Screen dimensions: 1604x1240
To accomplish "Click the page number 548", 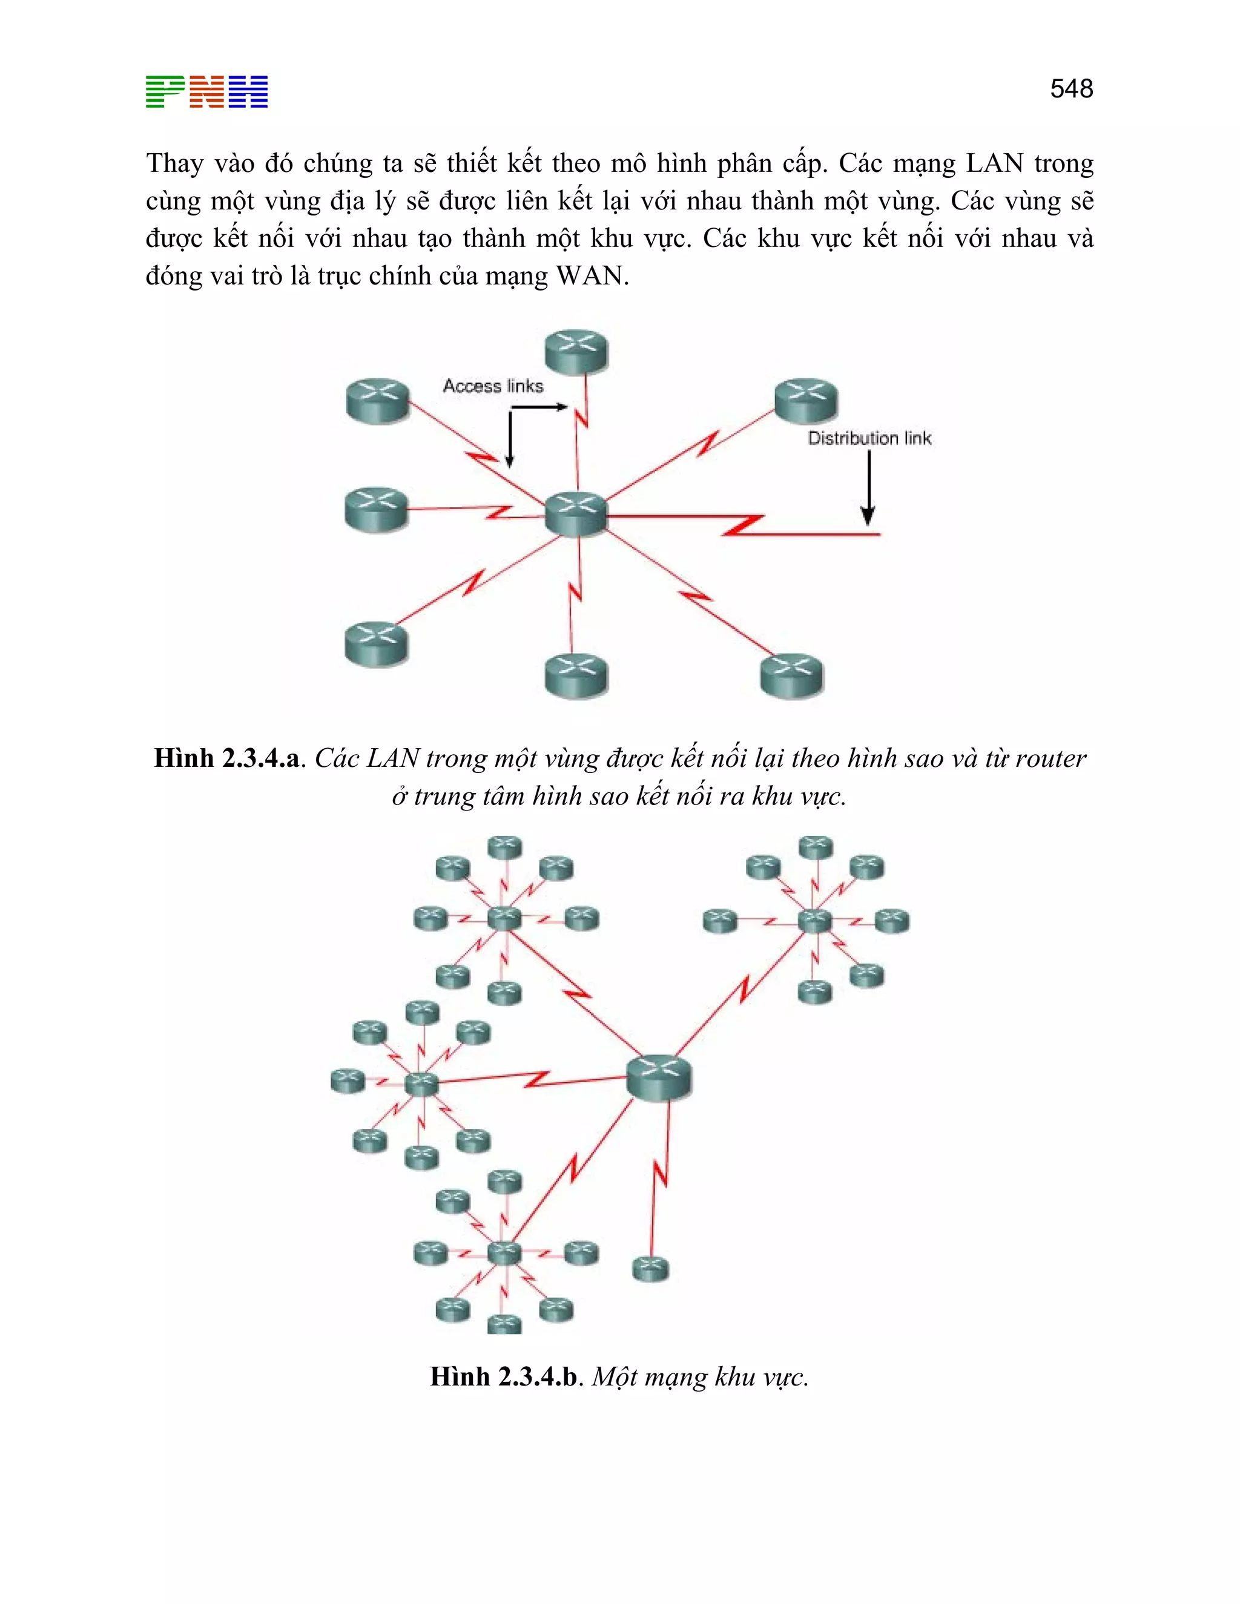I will (x=1071, y=89).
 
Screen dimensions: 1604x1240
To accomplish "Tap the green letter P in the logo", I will (x=165, y=92).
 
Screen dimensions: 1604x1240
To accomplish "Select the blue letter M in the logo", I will (x=248, y=92).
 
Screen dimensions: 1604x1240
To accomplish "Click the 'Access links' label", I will (x=493, y=386).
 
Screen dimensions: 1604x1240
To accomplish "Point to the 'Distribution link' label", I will (x=869, y=438).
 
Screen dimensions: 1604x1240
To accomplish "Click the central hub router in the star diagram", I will (x=576, y=513).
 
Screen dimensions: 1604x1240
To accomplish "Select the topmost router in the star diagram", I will (x=576, y=350).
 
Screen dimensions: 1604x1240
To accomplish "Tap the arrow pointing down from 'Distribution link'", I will (x=868, y=488).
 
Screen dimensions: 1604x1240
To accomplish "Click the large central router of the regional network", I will (x=659, y=1077).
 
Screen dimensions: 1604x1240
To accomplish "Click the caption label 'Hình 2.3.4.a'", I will (x=227, y=758).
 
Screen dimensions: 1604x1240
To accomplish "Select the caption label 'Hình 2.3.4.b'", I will (x=504, y=1376).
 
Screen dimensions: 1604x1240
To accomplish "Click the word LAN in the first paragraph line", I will (x=994, y=163).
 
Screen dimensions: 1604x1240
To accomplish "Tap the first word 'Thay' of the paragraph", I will (x=175, y=163).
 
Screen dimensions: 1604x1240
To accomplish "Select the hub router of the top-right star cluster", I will (x=814, y=920).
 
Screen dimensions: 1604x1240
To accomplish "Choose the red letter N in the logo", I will (x=206, y=92).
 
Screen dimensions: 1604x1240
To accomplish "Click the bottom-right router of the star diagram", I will (x=791, y=675).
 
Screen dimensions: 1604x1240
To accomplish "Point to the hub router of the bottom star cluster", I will (x=504, y=1253).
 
